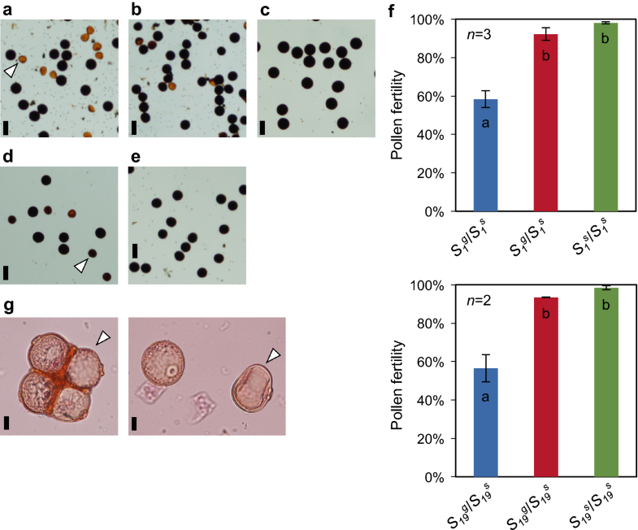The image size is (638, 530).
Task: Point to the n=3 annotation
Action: coord(479,34)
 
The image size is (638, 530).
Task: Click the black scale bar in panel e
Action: coord(135,249)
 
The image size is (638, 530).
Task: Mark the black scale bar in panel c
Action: coord(263,127)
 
